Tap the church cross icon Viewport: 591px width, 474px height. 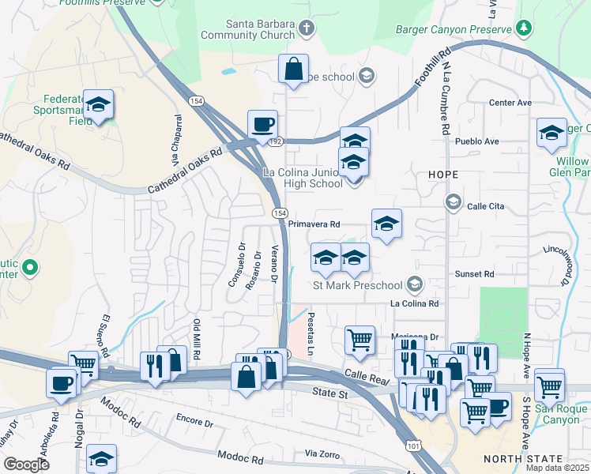pos(307,29)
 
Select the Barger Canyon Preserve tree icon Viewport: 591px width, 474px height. pos(523,28)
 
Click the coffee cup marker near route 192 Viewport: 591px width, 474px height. pos(262,124)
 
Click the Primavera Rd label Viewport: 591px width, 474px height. pos(314,224)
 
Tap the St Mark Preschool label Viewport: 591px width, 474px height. pos(358,284)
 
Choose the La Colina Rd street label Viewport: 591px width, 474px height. pos(414,303)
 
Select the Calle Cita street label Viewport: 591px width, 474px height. pos(485,207)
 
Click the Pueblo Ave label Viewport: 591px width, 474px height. pos(477,141)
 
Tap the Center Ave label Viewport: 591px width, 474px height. pos(510,103)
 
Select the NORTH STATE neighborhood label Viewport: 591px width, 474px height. pos(523,459)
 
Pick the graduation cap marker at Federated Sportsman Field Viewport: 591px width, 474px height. pos(98,104)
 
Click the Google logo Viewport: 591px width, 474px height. pos(26,465)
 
